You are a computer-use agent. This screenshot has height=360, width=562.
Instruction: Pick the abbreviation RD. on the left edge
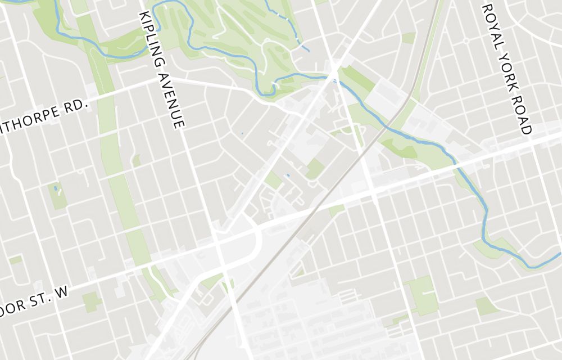(x=76, y=106)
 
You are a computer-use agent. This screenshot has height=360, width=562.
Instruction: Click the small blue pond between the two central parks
(x=288, y=175)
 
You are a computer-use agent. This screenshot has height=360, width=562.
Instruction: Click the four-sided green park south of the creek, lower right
(x=487, y=307)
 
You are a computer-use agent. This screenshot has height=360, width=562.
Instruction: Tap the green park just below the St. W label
(x=91, y=302)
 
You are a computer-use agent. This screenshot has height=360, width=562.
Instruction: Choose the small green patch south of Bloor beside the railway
(x=336, y=210)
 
